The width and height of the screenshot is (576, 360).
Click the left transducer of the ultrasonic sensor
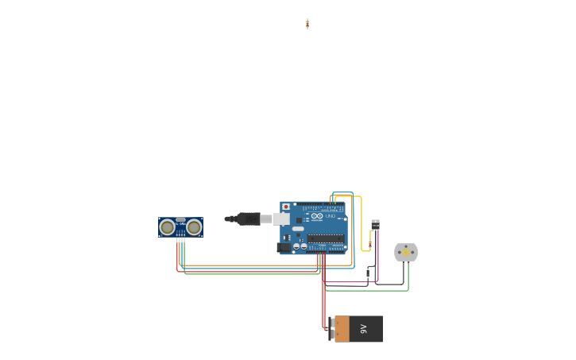[167, 228]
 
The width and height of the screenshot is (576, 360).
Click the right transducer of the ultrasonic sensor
[194, 228]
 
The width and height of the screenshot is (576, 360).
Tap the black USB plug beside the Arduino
[249, 219]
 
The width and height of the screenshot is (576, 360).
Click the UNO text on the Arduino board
[331, 216]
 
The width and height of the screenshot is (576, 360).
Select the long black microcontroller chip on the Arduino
[326, 238]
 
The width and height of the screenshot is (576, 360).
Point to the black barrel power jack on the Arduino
[284, 247]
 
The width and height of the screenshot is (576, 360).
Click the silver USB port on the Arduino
[281, 219]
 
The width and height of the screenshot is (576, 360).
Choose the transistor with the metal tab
[375, 224]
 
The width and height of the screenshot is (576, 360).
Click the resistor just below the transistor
[370, 243]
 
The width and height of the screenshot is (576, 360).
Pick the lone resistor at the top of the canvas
[307, 24]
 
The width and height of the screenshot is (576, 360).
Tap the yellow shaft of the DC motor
[406, 253]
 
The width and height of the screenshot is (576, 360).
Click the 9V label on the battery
[364, 329]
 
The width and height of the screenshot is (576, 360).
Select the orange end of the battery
[342, 329]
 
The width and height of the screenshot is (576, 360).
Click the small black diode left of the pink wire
[368, 273]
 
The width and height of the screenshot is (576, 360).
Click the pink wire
[350, 281]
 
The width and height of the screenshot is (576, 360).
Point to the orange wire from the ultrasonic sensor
[254, 265]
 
